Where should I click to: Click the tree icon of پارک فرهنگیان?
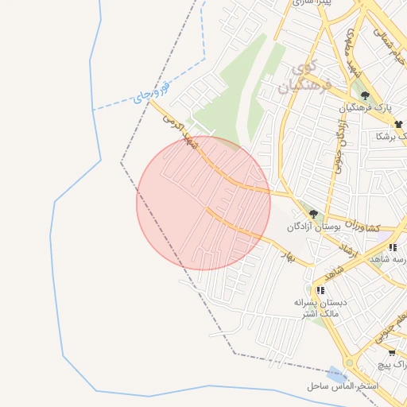pos(365,96)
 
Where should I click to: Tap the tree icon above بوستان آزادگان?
pos(314,214)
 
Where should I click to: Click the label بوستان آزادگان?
pos(314,227)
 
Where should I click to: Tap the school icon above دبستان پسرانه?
pos(320,291)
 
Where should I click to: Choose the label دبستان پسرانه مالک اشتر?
pos(317,308)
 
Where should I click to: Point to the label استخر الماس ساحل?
pos(343,386)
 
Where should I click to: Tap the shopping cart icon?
pos(392,351)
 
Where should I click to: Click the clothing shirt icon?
pos(398,124)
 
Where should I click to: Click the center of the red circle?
pos(203,203)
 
